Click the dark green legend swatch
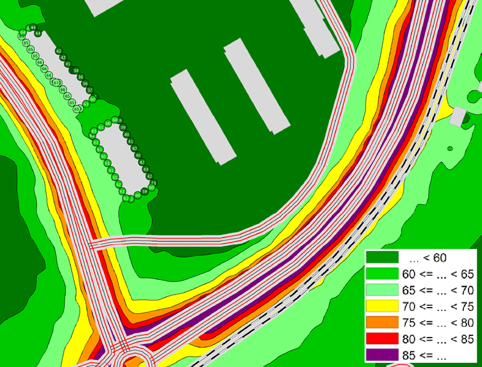[x=382, y=258]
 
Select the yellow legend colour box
[x=382, y=306]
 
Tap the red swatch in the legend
[x=382, y=338]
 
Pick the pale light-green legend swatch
[x=382, y=290]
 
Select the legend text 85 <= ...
[x=420, y=354]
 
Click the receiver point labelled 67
[x=56, y=83]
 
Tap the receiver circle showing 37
[x=90, y=91]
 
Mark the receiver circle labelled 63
[x=94, y=131]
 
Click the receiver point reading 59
[x=145, y=191]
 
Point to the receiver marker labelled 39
[x=122, y=127]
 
